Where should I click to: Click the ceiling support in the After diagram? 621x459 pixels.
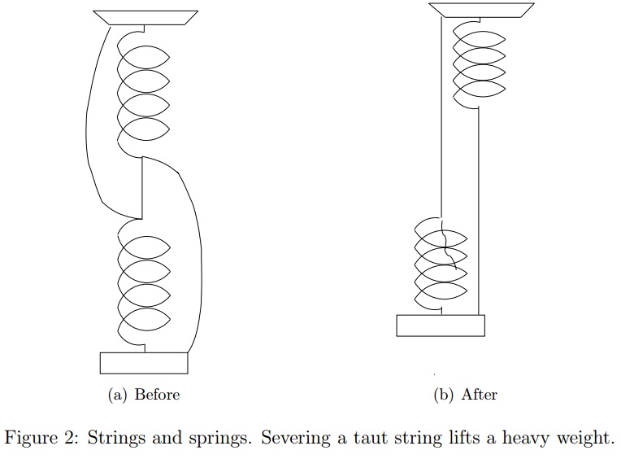click(x=481, y=10)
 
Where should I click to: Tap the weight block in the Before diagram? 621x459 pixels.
click(x=143, y=363)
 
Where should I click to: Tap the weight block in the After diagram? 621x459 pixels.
click(x=440, y=325)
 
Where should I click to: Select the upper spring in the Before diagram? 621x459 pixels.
click(x=144, y=90)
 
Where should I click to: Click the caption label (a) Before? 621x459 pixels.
click(x=144, y=395)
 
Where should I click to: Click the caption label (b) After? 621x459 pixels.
click(x=467, y=395)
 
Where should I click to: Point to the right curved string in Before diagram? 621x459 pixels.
click(x=198, y=260)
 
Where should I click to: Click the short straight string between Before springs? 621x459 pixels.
click(x=143, y=187)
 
